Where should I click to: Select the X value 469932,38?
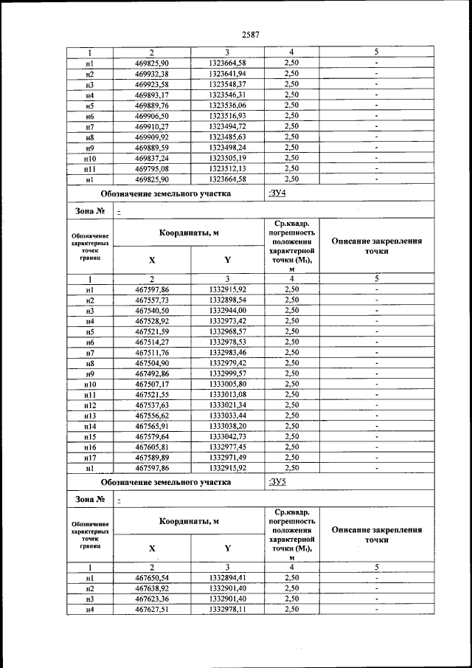153,74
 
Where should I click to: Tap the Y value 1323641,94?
227,74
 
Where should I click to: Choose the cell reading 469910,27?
153,126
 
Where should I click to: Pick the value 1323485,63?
227,137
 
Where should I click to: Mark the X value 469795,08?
153,168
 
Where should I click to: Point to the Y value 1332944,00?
227,311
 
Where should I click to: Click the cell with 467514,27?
153,342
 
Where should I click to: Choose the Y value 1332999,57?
227,373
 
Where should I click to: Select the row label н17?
90,458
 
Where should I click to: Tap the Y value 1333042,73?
227,436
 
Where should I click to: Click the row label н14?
90,426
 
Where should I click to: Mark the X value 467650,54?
153,578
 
